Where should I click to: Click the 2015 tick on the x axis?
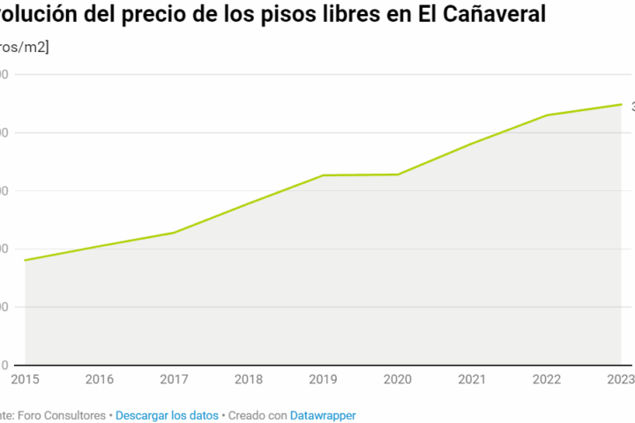click(24, 379)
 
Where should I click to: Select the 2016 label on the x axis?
click(99, 379)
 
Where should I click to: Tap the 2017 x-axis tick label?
click(174, 379)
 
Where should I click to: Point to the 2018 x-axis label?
click(249, 379)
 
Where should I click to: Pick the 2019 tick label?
click(323, 379)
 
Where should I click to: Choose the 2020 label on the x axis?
click(398, 379)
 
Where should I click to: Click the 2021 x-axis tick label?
click(473, 379)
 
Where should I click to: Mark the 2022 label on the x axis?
click(547, 379)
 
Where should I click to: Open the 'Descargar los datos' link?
click(167, 414)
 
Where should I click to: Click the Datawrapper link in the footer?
click(323, 414)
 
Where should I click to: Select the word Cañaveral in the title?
click(496, 14)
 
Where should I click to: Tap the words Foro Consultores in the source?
click(64, 414)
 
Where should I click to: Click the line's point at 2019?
click(323, 175)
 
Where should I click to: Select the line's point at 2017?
click(174, 233)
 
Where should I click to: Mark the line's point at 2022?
click(547, 115)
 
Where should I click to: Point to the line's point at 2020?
click(398, 174)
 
